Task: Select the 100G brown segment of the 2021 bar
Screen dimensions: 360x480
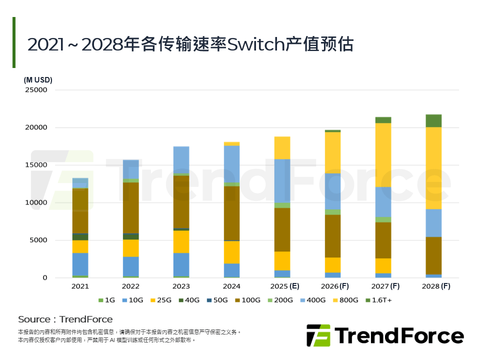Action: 80,211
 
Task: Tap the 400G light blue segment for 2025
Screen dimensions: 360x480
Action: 282,180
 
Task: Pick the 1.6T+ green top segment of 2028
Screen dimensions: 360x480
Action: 433,120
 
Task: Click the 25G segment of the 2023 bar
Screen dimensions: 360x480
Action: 181,241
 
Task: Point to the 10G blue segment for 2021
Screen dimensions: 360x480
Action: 80,264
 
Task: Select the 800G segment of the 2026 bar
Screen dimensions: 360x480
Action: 332,152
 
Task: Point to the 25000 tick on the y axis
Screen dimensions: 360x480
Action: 36,90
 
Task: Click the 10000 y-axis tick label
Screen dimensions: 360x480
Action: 36,202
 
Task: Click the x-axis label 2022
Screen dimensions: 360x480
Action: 130,286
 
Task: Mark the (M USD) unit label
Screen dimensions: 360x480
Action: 38,80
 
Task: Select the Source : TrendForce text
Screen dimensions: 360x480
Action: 65,319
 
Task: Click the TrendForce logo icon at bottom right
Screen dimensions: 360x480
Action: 318,335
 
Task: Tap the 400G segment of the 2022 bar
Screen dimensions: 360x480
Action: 130,169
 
